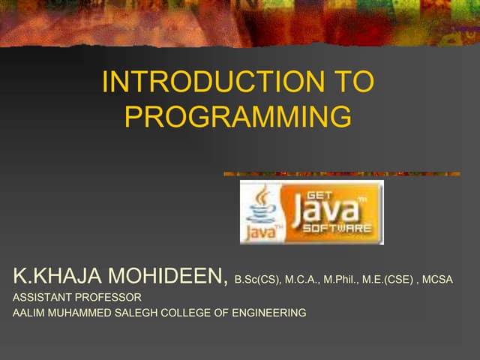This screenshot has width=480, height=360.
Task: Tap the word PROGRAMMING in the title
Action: [238, 116]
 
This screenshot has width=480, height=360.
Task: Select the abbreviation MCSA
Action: [438, 280]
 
